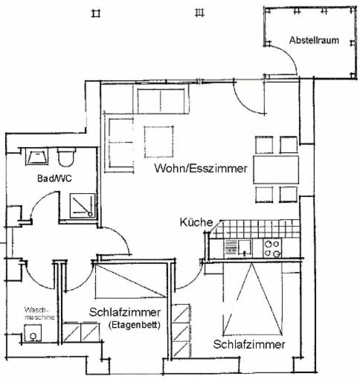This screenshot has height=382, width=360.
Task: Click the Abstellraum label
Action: click(x=314, y=40)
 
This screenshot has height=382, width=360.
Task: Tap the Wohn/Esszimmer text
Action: click(x=201, y=169)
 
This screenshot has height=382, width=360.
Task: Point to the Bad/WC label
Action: click(x=54, y=178)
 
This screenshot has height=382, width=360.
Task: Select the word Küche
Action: click(x=196, y=222)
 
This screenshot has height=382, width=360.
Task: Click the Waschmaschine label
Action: click(x=39, y=314)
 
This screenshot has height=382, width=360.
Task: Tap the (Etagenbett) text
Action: click(x=135, y=325)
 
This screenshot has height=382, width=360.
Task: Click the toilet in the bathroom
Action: click(x=66, y=157)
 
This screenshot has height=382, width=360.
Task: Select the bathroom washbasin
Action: click(x=36, y=157)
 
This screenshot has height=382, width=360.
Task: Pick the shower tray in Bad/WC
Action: click(x=83, y=206)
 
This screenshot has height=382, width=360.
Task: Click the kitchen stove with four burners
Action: click(x=272, y=248)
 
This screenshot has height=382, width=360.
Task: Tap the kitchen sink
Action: click(x=245, y=248)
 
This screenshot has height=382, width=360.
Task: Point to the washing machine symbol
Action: click(x=33, y=333)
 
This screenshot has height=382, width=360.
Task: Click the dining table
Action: click(x=276, y=169)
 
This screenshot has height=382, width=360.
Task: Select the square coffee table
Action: click(x=158, y=142)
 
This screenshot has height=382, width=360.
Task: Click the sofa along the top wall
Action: click(x=161, y=99)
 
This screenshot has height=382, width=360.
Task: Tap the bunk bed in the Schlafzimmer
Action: click(x=130, y=281)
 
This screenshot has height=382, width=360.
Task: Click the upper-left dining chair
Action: click(x=264, y=145)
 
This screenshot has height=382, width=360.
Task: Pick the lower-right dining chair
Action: click(x=289, y=195)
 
